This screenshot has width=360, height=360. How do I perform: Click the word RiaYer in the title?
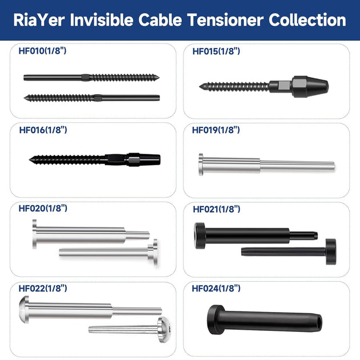coord(39,20)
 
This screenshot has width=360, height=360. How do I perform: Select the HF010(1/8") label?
coord(42,51)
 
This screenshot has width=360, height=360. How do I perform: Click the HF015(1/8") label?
coord(216,51)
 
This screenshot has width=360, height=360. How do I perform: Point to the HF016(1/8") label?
coord(43,130)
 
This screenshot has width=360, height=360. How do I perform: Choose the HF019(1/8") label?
coord(216,130)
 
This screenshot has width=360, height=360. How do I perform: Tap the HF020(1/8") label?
coord(43,209)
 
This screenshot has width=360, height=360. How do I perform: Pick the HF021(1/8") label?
coord(217,209)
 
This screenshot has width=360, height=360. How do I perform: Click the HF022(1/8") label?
coord(43,289)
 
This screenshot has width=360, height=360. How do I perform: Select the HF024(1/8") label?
coord(216,289)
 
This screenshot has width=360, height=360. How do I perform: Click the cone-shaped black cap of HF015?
coord(310,86)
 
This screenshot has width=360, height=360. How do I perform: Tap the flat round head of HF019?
coord(201,165)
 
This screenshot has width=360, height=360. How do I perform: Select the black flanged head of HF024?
coord(215,320)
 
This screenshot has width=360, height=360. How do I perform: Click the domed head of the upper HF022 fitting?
coord(24,309)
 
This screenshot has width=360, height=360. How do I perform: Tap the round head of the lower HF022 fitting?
coord(163,330)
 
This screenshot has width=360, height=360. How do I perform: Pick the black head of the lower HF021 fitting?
coord(331,251)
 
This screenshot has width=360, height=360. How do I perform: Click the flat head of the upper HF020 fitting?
coord(34,234)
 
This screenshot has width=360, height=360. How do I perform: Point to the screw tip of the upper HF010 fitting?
coord(157,77)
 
